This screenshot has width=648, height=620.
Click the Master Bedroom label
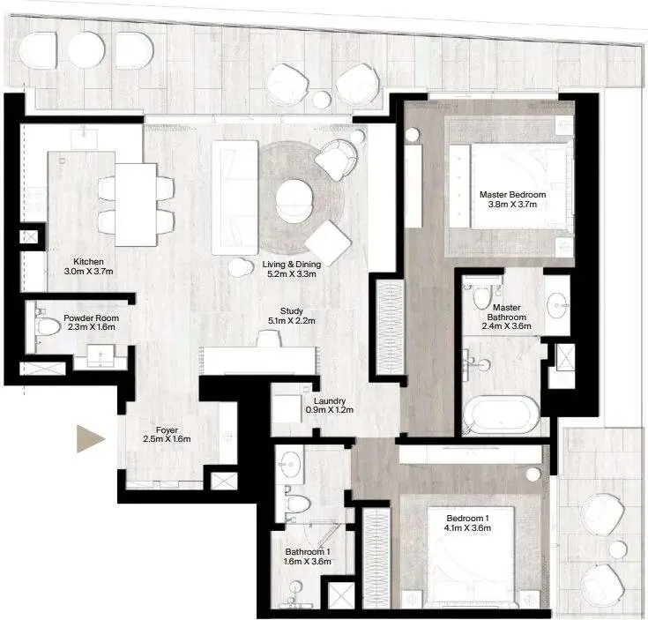pos(512,194)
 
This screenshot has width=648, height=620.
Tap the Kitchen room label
pos(88,262)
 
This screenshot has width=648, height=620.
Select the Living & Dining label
pos(292,265)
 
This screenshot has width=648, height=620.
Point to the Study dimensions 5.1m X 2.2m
pos(292,321)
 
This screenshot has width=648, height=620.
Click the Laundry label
pos(330,401)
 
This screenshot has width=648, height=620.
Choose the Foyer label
pos(167,430)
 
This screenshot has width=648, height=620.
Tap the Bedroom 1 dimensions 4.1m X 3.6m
pos(467,527)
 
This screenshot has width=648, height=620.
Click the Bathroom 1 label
pos(308,552)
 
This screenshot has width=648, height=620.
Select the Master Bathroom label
pos(507,312)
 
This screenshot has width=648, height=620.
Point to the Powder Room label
pos(92,318)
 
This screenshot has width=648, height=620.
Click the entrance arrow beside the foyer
pos(91,438)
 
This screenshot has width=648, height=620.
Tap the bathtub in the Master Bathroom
pos(502,415)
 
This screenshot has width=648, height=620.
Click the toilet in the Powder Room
pos(47,326)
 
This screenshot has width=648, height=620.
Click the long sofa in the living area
pos(235,198)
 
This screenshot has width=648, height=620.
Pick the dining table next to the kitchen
pos(136,205)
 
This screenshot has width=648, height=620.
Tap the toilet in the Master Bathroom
pos(481,296)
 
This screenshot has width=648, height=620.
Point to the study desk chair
pos(269,339)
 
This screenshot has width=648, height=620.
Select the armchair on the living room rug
pos(336,160)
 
